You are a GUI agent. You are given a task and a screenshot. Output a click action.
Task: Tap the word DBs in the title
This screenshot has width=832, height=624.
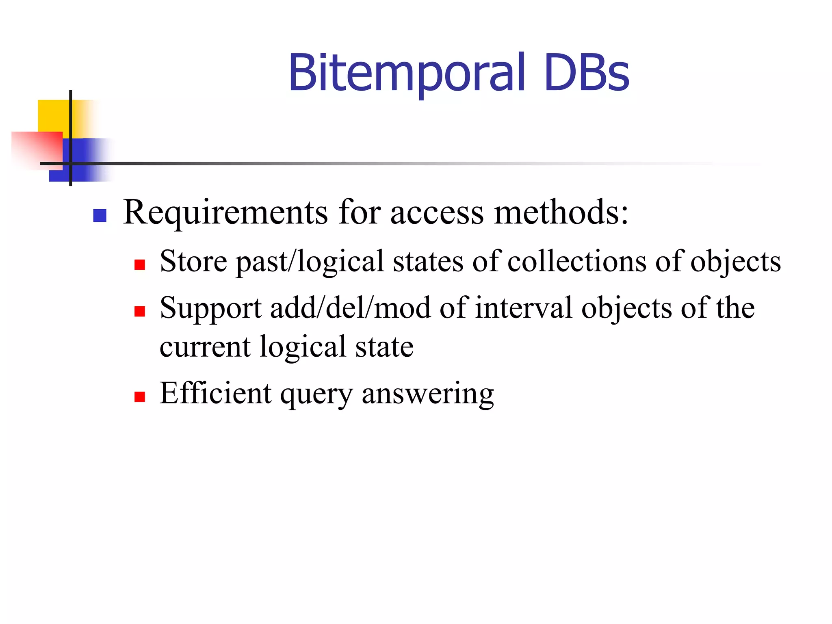point(587,73)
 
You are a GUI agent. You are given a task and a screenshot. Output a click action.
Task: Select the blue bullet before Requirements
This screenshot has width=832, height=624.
point(100,215)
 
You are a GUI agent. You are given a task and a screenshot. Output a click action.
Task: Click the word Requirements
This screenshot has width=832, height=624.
point(225,213)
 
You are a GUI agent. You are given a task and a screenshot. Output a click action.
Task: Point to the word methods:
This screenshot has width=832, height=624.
point(561,212)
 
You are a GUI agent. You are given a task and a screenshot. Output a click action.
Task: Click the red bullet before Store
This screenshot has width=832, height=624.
point(140,265)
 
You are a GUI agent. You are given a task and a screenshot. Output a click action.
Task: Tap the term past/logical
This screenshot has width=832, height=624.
point(310,262)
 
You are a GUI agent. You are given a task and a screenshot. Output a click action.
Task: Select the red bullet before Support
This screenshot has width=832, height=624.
point(140,311)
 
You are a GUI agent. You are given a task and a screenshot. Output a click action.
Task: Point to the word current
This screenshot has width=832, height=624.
point(205,347)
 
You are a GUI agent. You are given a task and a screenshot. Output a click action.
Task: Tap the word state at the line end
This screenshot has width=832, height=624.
point(384,347)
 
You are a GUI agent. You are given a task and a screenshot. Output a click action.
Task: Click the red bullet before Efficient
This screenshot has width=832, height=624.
point(140,396)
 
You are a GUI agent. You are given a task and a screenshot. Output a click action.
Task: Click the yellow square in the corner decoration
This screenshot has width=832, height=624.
point(53,116)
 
